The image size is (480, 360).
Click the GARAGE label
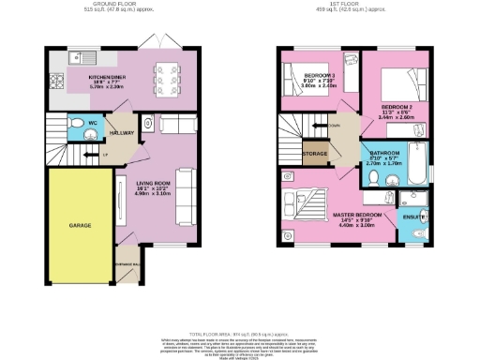(x=79, y=226)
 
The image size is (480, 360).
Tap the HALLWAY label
(x=124, y=134)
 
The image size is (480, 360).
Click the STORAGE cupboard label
(x=315, y=153)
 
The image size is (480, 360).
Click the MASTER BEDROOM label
(x=357, y=217)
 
